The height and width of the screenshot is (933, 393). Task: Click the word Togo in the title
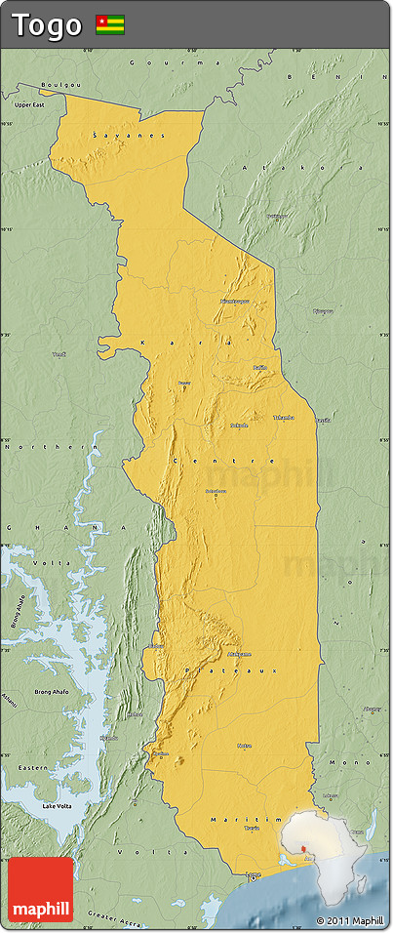coord(46,25)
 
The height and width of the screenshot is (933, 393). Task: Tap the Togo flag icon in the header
coord(109,25)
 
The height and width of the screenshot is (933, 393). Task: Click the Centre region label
coord(223,460)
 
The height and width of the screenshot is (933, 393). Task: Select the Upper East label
coord(29,103)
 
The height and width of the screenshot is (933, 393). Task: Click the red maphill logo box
coord(41,889)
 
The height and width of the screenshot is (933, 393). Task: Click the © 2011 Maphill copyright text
coord(350,920)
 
